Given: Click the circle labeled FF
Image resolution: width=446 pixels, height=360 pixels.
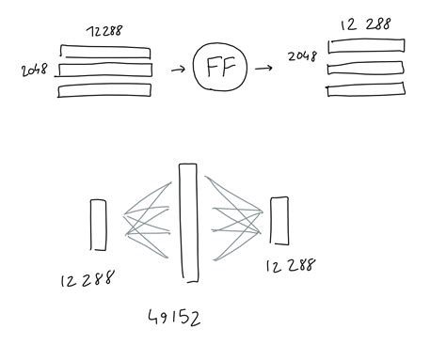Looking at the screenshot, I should pyautogui.click(x=219, y=69).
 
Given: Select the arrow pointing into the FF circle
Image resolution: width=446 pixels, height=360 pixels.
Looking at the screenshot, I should pyautogui.click(x=175, y=70).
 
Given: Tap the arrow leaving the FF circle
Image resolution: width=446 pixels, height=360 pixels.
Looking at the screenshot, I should pyautogui.click(x=263, y=68).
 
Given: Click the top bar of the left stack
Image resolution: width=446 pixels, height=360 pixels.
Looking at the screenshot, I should pyautogui.click(x=104, y=52).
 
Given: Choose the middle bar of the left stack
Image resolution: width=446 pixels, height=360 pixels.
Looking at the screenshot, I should pyautogui.click(x=104, y=70).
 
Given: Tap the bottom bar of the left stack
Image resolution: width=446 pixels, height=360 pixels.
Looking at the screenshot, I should pyautogui.click(x=104, y=90).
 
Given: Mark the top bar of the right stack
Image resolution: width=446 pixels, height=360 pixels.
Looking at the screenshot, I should pyautogui.click(x=367, y=45).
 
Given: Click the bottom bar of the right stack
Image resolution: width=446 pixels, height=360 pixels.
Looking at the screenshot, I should pyautogui.click(x=366, y=89).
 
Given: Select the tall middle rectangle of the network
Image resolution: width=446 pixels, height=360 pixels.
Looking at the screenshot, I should pyautogui.click(x=188, y=223).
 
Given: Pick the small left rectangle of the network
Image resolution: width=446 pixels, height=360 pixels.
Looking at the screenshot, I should pyautogui.click(x=98, y=225).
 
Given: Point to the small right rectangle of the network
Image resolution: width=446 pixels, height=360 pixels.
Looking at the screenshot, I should pyautogui.click(x=279, y=221).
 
